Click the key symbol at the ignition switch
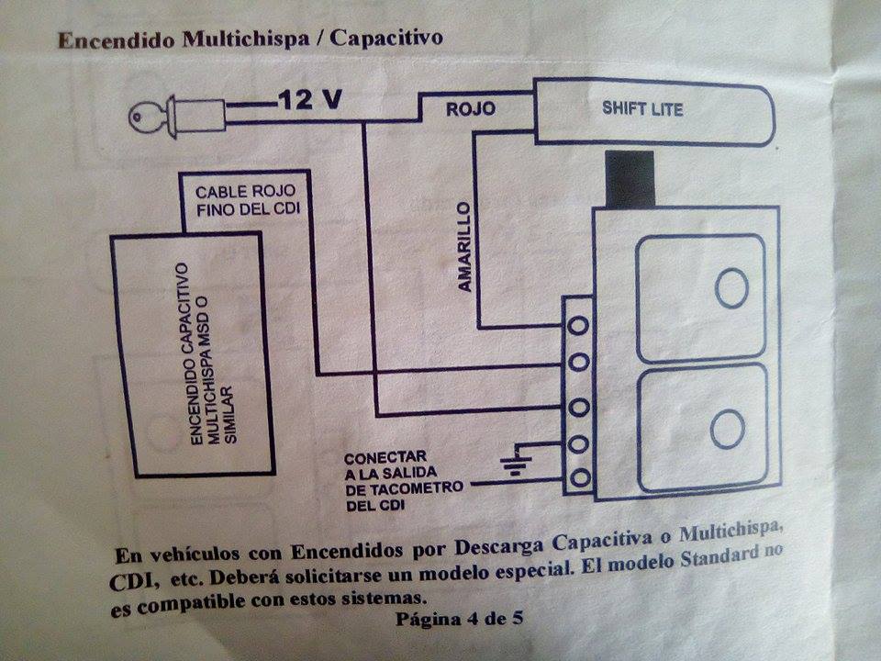tap(147, 118)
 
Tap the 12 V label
tap(309, 100)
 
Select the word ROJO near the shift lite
tap(470, 108)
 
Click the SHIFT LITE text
tap(642, 108)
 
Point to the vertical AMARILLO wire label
tap(464, 247)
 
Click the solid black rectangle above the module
tap(630, 179)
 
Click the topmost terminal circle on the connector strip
tap(578, 325)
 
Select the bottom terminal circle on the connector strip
tap(580, 478)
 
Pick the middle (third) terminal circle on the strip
tap(579, 407)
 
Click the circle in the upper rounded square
tap(731, 287)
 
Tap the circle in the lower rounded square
tap(728, 430)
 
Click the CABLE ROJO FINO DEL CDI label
tap(248, 200)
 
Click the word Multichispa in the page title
tap(246, 39)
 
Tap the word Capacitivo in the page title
tap(386, 38)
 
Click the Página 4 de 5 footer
tap(459, 619)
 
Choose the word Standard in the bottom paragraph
tap(719, 558)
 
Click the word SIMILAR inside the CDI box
tap(230, 415)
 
